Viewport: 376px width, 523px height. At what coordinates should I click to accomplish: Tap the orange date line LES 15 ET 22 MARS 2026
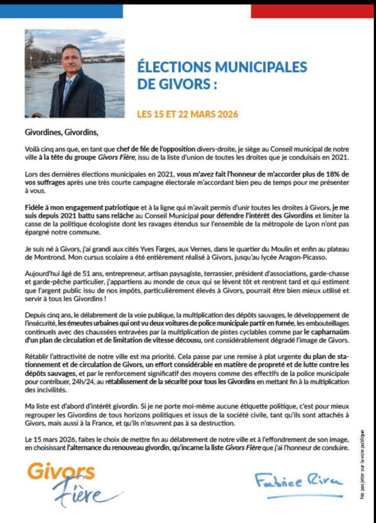(x=187, y=114)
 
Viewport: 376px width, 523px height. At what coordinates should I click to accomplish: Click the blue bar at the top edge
(x=61, y=11)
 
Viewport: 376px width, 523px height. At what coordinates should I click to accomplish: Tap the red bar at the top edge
(x=313, y=11)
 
